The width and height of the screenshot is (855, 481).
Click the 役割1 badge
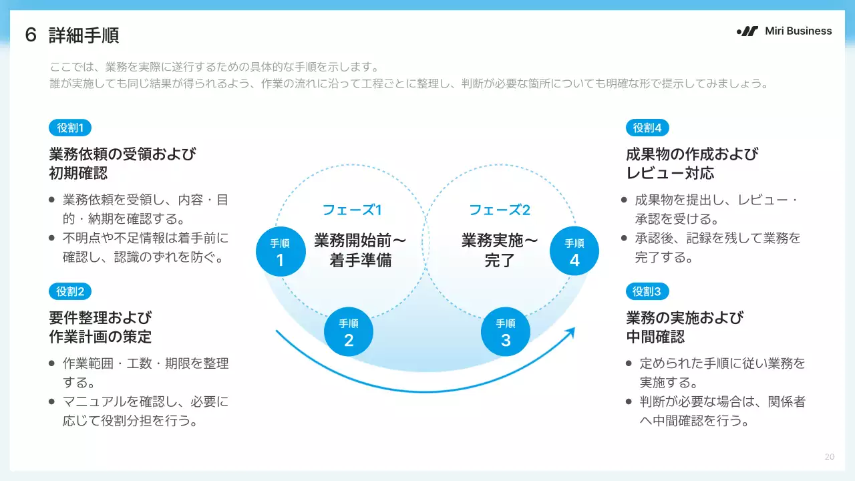coord(70,128)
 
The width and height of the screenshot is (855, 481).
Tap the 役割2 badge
coord(70,291)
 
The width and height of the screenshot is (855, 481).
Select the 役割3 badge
coord(647,291)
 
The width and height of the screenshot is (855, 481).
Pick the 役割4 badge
coord(647,128)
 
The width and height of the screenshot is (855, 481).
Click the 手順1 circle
coord(280,252)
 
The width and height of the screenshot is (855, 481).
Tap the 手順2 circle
coord(349,332)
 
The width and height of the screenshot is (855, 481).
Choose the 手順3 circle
coord(506,332)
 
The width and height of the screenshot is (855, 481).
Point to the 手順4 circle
coord(574,252)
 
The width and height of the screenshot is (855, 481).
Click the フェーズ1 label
coord(352,210)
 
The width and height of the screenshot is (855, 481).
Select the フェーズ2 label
coord(500,210)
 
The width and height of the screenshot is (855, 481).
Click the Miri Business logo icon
coord(747,31)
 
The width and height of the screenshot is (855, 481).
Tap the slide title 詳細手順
coord(83,35)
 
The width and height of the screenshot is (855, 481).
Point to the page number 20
coord(830,457)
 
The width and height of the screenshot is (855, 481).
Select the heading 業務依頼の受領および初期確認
coord(122,164)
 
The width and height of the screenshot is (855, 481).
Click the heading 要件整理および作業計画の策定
coord(100,327)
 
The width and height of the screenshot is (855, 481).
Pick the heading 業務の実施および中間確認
coord(685,327)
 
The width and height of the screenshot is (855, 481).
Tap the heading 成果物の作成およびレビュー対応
coord(692,164)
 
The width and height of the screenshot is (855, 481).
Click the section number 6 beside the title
coord(31,35)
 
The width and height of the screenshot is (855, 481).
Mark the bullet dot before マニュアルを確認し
coord(52,402)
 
